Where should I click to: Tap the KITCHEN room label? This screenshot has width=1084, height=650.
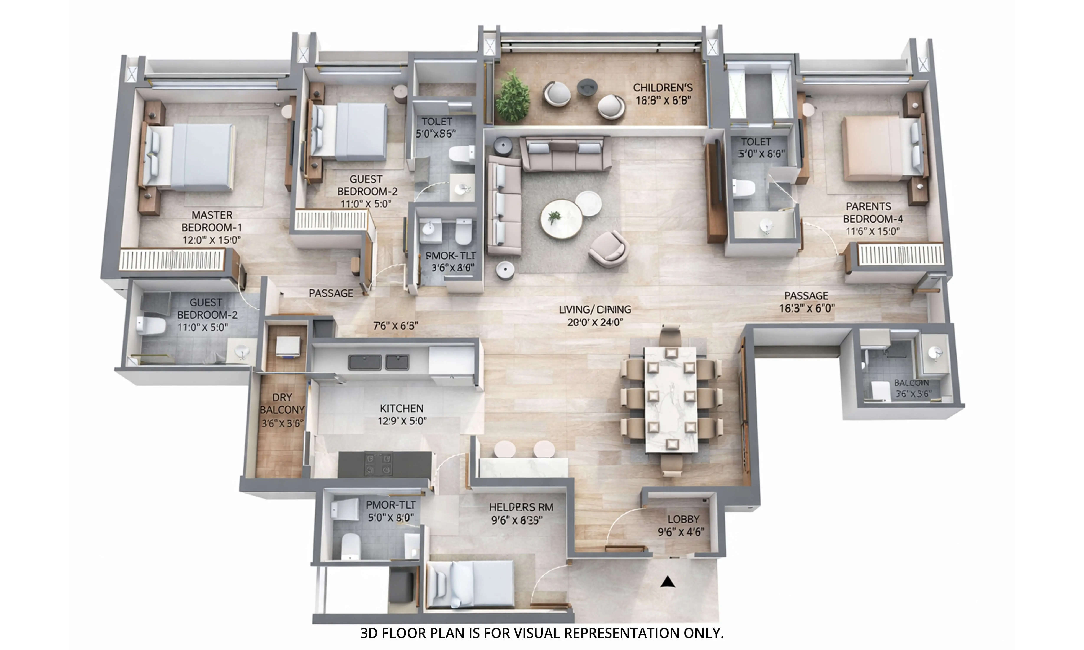click(x=401, y=408)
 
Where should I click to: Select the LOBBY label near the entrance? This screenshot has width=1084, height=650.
click(x=683, y=519)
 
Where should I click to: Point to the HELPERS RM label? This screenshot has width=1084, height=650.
click(x=521, y=507)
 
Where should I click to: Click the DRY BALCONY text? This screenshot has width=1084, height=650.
click(x=282, y=403)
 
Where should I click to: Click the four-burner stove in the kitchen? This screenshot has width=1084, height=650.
click(x=378, y=464)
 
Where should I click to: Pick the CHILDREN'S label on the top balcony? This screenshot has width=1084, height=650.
click(x=663, y=88)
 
